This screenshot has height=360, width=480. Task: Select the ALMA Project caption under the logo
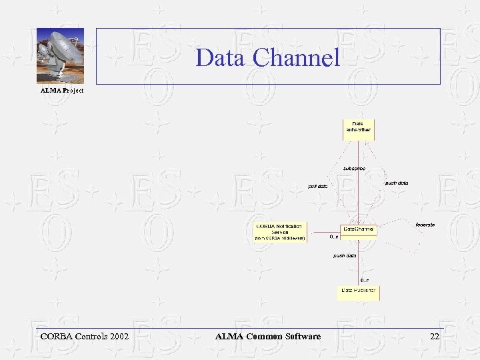point(62,90)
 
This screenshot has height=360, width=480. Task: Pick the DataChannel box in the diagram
point(359,229)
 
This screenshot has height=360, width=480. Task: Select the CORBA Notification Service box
point(280,231)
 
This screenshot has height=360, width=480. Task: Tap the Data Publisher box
point(358,291)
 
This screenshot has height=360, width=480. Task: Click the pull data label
point(317,186)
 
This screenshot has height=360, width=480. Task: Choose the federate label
point(425,225)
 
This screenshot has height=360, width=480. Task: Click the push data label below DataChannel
point(345,255)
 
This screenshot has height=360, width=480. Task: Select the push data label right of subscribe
point(397,183)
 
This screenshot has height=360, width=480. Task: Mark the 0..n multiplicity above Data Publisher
point(365,280)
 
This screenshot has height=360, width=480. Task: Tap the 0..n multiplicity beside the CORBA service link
point(334,236)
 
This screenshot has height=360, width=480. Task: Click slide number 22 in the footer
point(435,337)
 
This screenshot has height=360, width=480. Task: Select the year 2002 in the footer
point(117,337)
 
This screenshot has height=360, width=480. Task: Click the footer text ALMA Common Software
point(268,337)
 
